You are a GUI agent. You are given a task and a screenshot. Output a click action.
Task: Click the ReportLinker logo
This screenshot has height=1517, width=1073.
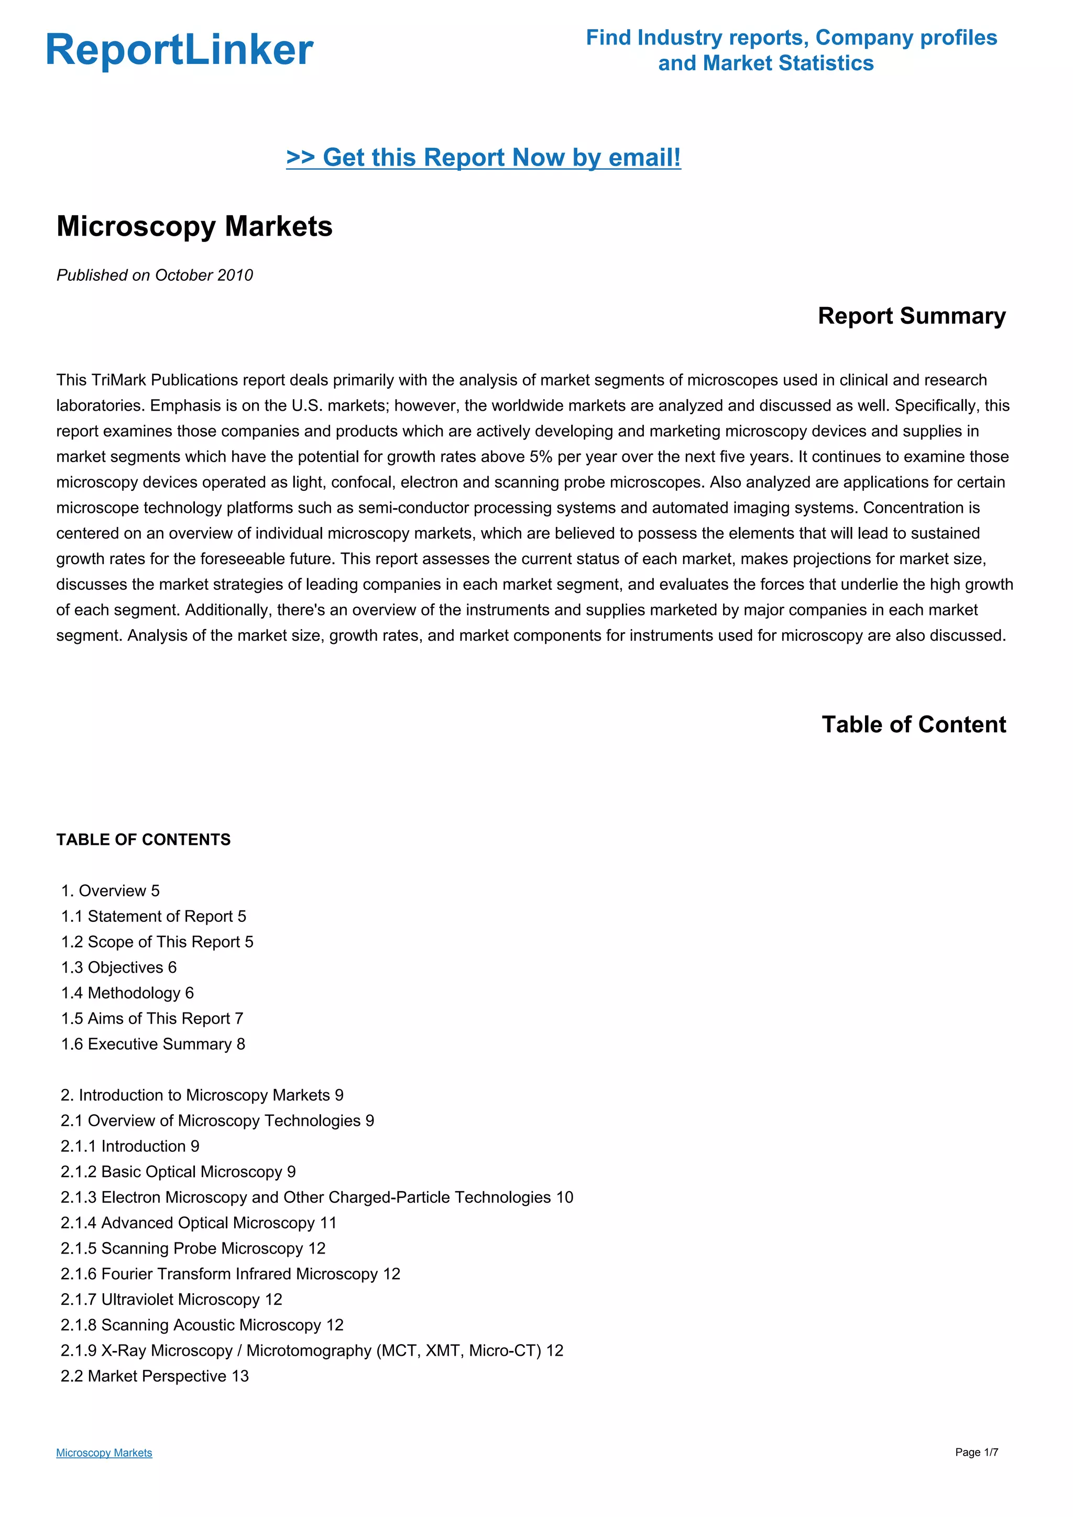click(179, 50)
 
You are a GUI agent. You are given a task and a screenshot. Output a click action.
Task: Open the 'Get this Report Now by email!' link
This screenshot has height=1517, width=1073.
click(483, 158)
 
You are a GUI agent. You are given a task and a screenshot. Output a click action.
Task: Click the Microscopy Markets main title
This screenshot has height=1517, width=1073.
click(194, 227)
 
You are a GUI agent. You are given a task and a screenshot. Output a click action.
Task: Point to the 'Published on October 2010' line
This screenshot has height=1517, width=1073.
click(155, 276)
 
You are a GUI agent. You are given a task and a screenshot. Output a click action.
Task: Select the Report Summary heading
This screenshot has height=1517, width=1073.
click(911, 316)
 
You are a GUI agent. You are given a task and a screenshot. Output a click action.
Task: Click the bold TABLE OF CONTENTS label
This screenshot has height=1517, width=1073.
click(144, 840)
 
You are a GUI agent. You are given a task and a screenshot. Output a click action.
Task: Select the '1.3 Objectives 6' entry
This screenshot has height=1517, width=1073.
click(119, 968)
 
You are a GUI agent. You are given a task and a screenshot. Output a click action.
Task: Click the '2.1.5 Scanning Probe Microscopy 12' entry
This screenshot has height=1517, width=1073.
click(193, 1249)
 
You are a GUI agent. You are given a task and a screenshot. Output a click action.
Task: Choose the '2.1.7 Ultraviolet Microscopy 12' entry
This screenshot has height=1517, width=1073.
click(171, 1300)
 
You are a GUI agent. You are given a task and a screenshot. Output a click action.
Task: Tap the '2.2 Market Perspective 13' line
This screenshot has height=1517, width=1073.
click(155, 1376)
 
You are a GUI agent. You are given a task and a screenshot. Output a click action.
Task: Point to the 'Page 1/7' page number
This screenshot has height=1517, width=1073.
click(976, 1452)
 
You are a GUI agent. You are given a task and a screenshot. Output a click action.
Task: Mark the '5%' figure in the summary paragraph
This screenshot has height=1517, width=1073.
click(541, 457)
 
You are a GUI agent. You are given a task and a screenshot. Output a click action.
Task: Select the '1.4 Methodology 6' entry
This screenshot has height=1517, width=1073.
click(127, 994)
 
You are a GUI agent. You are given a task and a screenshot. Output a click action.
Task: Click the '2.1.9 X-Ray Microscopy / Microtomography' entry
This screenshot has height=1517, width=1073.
click(312, 1351)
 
